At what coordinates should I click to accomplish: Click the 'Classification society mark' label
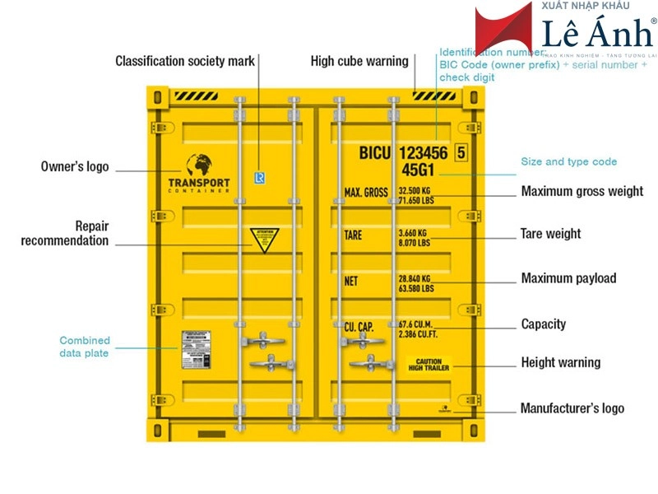coord(185,61)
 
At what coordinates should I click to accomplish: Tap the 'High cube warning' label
coord(359,61)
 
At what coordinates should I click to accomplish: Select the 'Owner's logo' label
coord(75,166)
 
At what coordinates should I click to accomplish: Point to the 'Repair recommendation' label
coord(65,233)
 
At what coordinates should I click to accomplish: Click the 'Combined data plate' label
coord(85,347)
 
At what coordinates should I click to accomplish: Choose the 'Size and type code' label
coord(568,161)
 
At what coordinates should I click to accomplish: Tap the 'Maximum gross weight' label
coord(582,192)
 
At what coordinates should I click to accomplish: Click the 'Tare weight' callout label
coord(550,234)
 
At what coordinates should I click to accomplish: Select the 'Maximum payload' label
coord(568,278)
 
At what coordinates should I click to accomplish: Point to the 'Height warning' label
coord(561,362)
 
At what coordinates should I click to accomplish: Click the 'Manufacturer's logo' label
coord(572,408)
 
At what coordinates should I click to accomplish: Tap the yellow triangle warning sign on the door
coord(265,239)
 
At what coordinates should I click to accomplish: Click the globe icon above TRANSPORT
coord(198,165)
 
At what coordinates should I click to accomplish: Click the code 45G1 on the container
coord(419,170)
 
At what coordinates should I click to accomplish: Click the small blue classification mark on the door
coord(260,177)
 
